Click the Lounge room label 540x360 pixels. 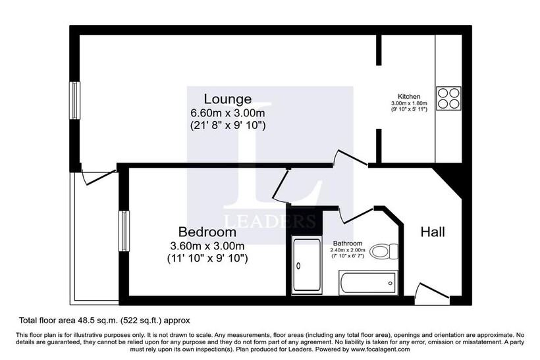[x=228, y=99]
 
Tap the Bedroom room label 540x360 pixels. [x=207, y=232]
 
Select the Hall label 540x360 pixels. [x=433, y=232]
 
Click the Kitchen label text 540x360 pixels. [x=409, y=96]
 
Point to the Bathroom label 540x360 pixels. [x=348, y=244]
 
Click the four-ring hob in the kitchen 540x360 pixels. [x=448, y=99]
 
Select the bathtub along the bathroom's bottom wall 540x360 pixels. [x=368, y=283]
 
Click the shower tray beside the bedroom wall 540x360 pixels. [x=306, y=265]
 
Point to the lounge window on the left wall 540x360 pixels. [x=74, y=100]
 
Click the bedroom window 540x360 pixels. [x=124, y=230]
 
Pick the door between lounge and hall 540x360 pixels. [x=350, y=159]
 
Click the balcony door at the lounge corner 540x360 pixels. [x=99, y=177]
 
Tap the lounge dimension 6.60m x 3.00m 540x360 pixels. [x=228, y=113]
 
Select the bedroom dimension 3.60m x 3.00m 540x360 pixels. [x=207, y=245]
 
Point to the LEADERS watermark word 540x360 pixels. [x=269, y=221]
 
